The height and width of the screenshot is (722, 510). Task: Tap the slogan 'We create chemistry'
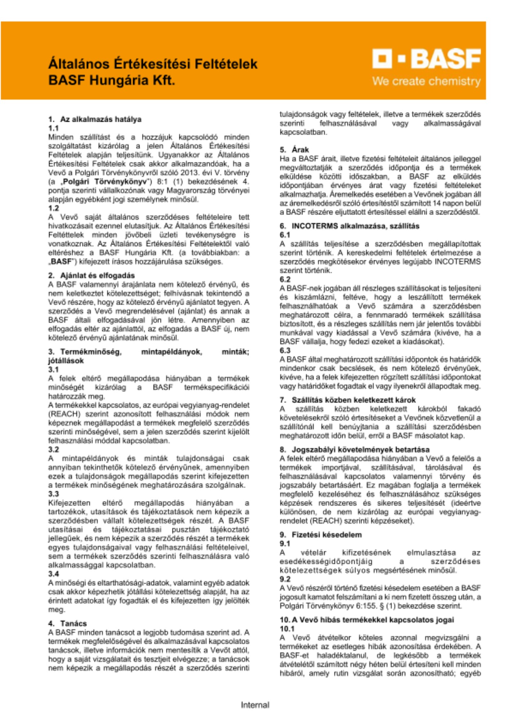pyautogui.click(x=426, y=81)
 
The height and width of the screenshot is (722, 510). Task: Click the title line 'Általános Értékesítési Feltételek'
pyautogui.click(x=153, y=64)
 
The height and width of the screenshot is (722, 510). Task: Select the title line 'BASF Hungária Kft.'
pyautogui.click(x=112, y=80)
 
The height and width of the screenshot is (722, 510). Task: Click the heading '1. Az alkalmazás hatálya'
pyautogui.click(x=95, y=119)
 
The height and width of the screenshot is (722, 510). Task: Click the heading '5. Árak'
pyautogui.click(x=294, y=149)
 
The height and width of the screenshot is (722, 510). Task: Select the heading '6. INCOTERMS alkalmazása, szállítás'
pyautogui.click(x=349, y=226)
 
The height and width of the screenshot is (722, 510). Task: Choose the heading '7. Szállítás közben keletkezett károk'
pyautogui.click(x=348, y=400)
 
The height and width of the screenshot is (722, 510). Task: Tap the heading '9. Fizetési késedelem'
pyautogui.click(x=321, y=535)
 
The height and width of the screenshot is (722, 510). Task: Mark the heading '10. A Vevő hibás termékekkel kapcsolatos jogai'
pyautogui.click(x=367, y=620)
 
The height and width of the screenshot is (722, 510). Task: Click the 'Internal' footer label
pyautogui.click(x=255, y=705)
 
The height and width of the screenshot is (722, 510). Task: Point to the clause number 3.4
pyautogui.click(x=53, y=574)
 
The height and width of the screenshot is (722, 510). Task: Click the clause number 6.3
pyautogui.click(x=285, y=351)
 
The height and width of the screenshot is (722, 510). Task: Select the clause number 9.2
pyautogui.click(x=285, y=579)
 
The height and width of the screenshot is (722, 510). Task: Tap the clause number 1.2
pyautogui.click(x=53, y=208)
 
